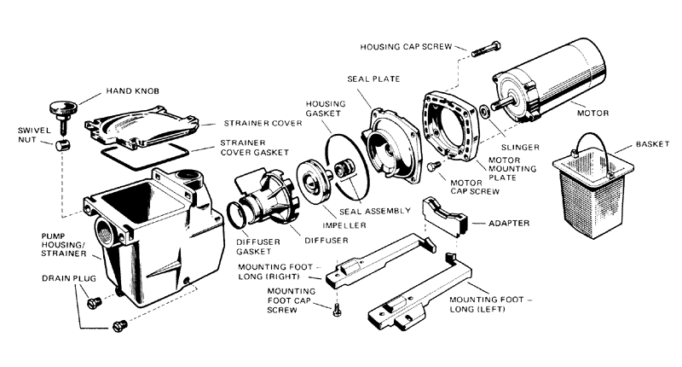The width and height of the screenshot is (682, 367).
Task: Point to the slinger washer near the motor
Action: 484,109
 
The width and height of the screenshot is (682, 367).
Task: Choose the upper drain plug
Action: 95,300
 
